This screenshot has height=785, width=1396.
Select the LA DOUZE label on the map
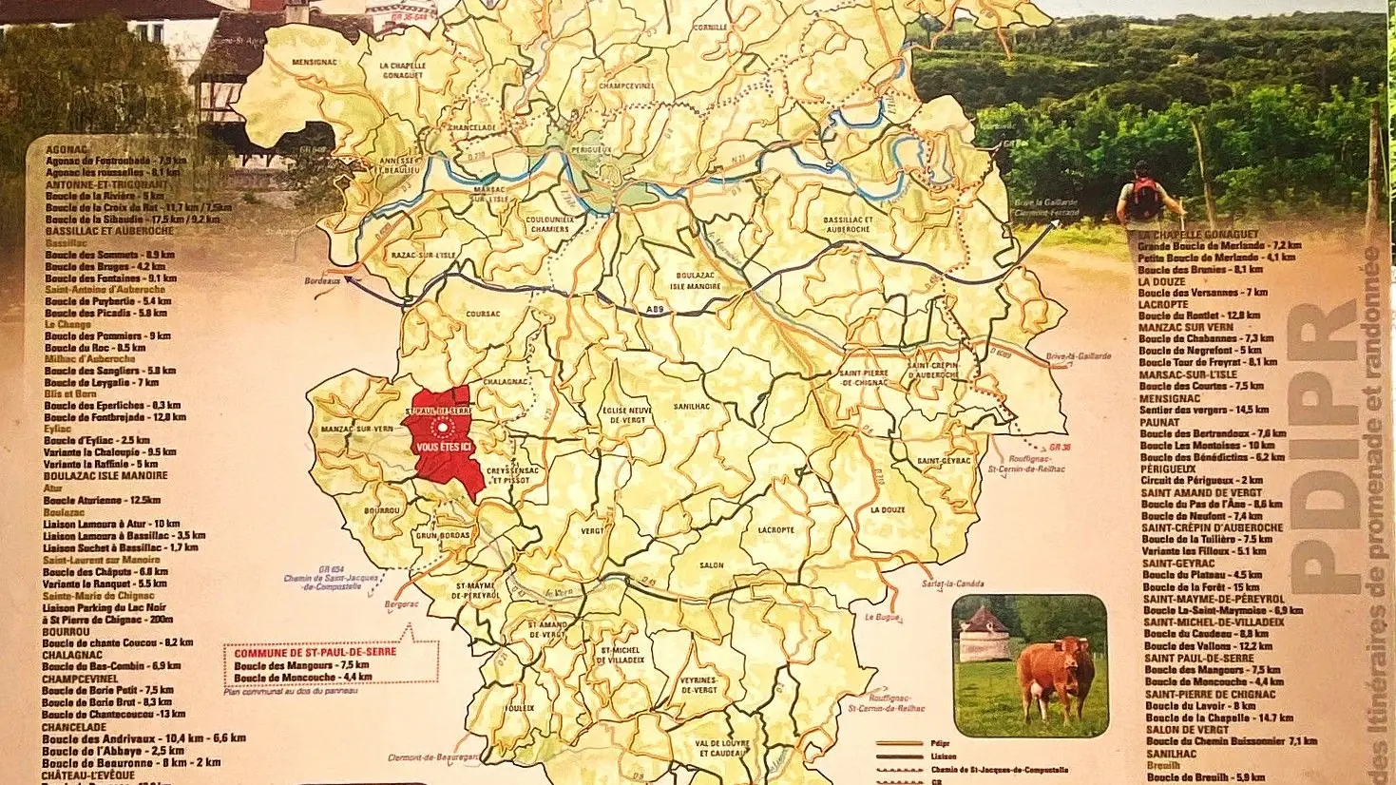[888, 509]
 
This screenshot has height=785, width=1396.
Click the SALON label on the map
[712, 565]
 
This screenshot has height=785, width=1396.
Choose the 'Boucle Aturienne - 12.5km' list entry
[102, 500]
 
